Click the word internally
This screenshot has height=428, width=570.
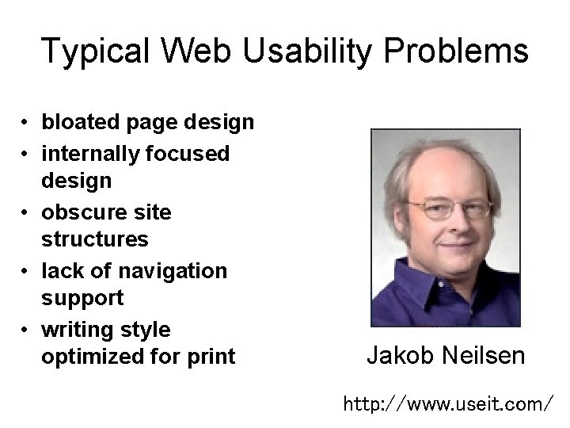[91, 152]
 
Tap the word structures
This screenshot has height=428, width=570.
[94, 239]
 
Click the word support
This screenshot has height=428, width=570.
[82, 299]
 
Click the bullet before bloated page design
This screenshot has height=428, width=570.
[26, 124]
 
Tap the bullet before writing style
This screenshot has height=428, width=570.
[26, 330]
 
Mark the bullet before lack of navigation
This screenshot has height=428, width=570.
[26, 272]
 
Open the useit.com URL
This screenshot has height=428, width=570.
[448, 405]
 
